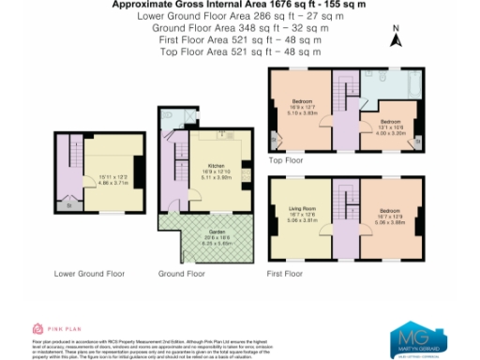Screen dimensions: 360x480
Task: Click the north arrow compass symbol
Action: (x=397, y=38)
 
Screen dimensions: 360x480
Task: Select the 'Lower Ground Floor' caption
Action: (x=90, y=274)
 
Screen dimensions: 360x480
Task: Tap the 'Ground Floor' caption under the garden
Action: (x=182, y=274)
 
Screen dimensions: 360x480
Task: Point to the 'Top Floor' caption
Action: (x=286, y=160)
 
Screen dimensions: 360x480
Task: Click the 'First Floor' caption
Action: (x=286, y=274)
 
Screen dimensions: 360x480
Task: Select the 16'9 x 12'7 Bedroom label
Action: (x=302, y=102)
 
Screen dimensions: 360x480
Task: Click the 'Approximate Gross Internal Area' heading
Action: (x=240, y=5)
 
